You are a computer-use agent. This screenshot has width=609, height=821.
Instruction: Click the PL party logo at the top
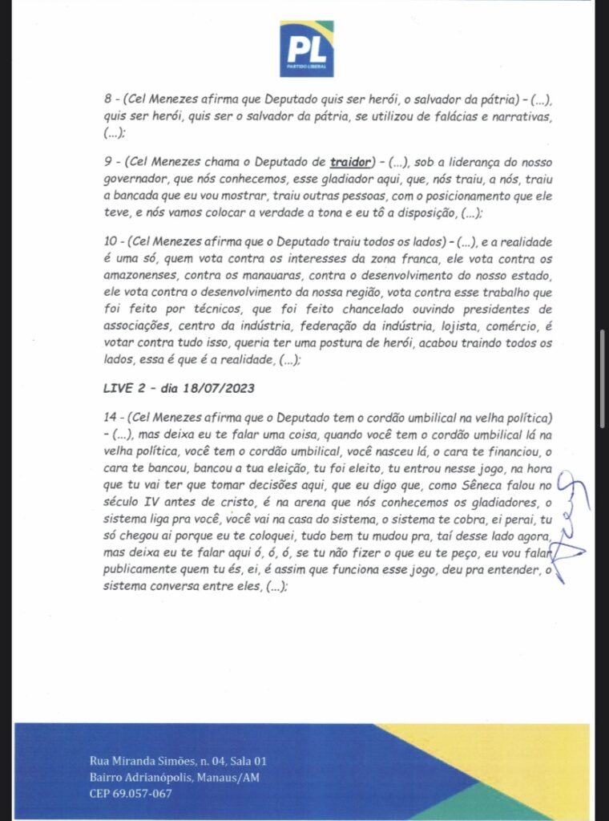pyautogui.click(x=306, y=49)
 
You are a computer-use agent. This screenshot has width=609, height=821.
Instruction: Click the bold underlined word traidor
pyautogui.click(x=350, y=164)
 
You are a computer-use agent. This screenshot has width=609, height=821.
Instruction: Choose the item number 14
pyautogui.click(x=111, y=419)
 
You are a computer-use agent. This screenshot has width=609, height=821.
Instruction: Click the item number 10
pyautogui.click(x=111, y=241)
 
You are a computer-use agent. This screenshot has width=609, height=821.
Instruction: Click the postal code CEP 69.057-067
pyautogui.click(x=131, y=794)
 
